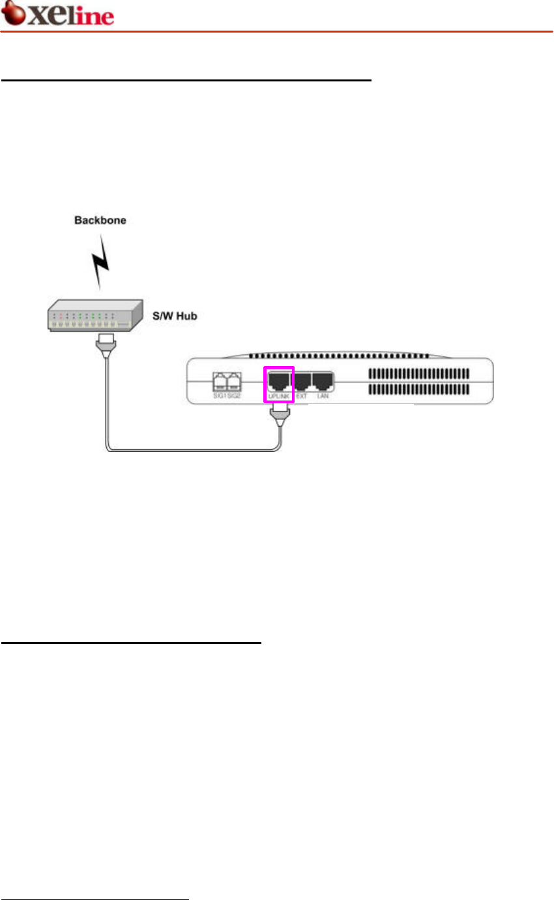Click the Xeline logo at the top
59,15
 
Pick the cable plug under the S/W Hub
105,343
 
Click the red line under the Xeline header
277,31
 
